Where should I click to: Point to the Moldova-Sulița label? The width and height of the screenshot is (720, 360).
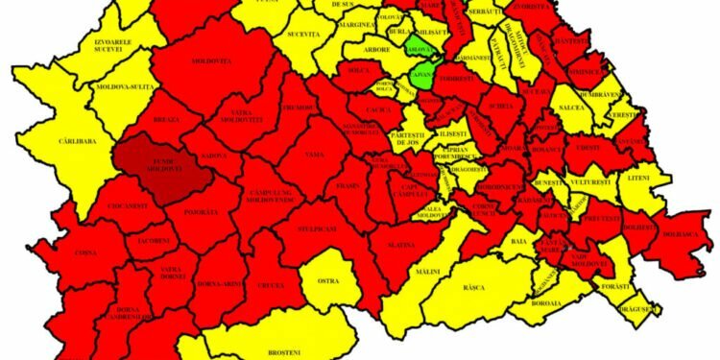[x=124, y=87]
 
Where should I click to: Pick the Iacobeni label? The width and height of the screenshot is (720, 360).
[x=154, y=241]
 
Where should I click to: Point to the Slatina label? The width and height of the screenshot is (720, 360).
[x=402, y=246]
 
